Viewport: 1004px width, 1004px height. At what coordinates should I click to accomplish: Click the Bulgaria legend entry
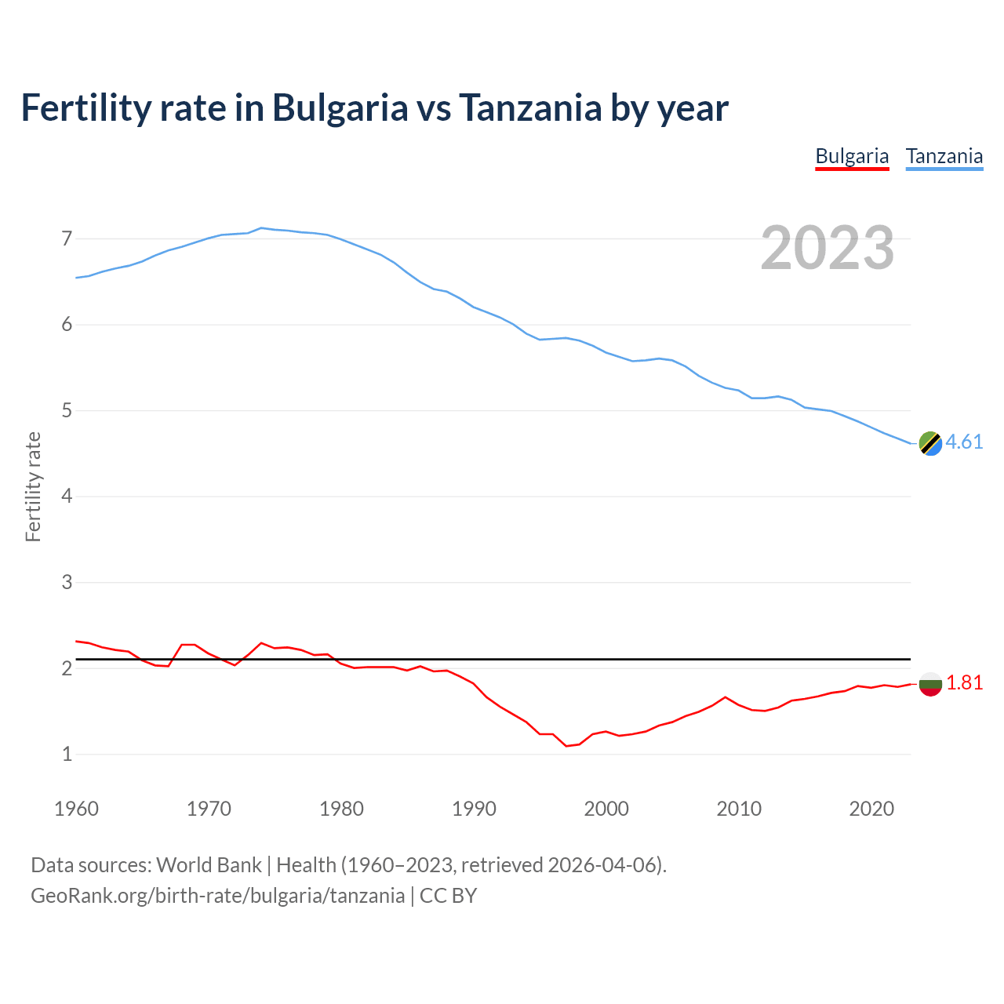point(852,156)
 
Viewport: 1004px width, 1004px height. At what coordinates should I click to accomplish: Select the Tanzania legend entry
point(944,156)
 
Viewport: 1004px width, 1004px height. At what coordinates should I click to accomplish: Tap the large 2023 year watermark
point(828,248)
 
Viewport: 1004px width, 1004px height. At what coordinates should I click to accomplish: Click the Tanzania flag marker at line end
point(930,443)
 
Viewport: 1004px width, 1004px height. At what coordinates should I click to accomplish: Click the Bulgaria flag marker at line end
point(930,684)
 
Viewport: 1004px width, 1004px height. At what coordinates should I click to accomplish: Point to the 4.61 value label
point(964,442)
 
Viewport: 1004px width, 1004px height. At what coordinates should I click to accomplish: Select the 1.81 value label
point(964,683)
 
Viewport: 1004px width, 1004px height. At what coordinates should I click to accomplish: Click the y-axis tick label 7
point(67,238)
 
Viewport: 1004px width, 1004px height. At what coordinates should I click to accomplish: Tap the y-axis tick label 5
point(67,410)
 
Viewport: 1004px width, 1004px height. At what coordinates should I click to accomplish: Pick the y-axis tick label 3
point(67,582)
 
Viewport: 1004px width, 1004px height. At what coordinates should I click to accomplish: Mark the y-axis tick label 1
point(67,754)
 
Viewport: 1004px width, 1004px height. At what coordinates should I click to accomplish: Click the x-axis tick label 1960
point(76,809)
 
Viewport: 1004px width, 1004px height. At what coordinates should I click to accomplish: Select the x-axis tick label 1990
point(474,809)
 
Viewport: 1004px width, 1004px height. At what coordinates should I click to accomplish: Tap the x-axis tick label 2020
point(871,809)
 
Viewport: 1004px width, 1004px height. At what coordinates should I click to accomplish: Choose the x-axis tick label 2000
point(606,809)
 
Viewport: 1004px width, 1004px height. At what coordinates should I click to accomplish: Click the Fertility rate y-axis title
point(33,486)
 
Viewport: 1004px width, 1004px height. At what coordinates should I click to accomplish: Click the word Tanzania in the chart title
point(530,107)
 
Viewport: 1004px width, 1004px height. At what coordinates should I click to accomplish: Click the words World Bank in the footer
point(209,865)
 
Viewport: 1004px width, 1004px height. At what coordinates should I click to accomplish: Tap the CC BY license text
point(448,896)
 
